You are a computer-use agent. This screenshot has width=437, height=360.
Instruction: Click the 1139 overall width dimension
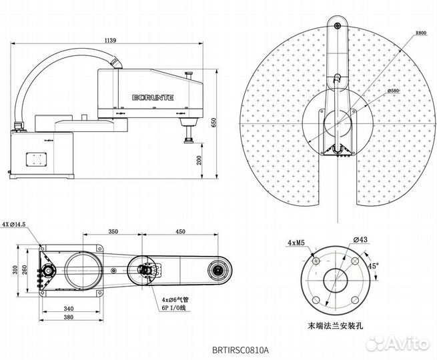(x=110, y=41)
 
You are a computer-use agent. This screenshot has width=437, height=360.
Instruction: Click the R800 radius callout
(x=420, y=32)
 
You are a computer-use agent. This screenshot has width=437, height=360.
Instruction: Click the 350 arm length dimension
(x=113, y=231)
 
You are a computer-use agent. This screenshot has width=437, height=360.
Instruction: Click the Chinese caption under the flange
(x=337, y=326)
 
